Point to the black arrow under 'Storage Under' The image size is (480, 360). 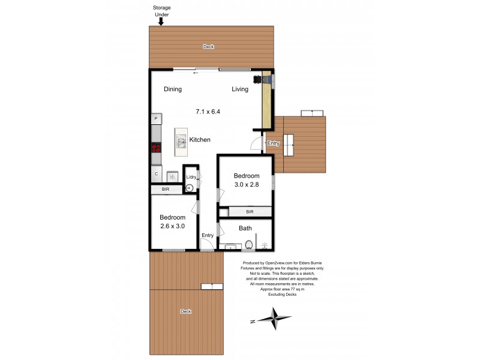pos(160,22)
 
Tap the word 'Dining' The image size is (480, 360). pos(173,89)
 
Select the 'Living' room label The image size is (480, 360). pos(240,89)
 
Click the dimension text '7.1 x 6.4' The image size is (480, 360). pos(208,111)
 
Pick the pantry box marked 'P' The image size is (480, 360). pos(156,119)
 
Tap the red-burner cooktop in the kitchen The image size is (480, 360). pos(156,148)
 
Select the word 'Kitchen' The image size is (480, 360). pos(200,140)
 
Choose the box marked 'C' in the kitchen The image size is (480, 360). pos(156,175)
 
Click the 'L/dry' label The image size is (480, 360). pos(191,177)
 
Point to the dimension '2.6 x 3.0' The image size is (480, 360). pos(172,226)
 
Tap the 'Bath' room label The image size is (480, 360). pos(245,228)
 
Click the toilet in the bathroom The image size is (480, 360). pos(248,245)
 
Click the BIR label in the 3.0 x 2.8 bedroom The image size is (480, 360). pos(250,212)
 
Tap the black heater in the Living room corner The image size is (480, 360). pos(259,79)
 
